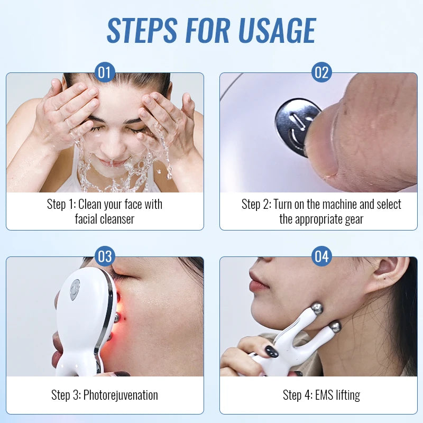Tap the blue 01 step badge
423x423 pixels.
105,72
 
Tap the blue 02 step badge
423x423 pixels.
321,72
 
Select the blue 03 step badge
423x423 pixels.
105,256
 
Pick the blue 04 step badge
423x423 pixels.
321,256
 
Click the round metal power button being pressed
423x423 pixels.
295,126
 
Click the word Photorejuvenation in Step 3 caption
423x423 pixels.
121,395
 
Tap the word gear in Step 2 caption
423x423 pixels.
352,218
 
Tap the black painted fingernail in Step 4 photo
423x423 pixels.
271,351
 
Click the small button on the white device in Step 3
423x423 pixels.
75,289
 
